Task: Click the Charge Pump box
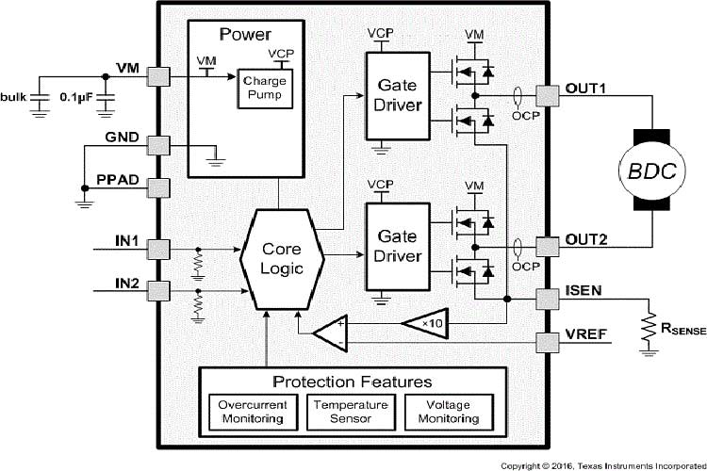265,89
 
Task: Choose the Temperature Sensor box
352,411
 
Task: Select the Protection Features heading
352,382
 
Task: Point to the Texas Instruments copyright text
600,465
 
